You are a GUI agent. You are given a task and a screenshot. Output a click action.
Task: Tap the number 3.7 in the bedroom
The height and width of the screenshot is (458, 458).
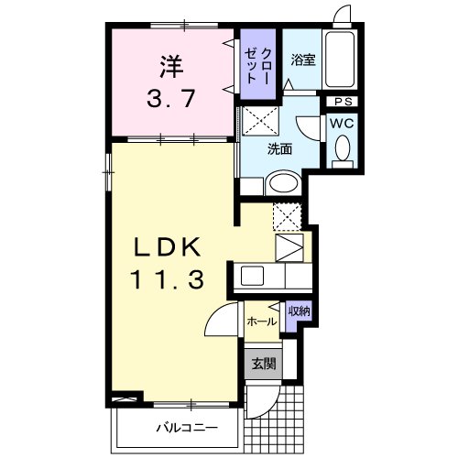click(x=169, y=97)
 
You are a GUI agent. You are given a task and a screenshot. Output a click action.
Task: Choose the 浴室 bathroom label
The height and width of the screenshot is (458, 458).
click(x=302, y=61)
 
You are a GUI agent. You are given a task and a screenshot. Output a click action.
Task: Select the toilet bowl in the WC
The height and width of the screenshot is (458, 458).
click(x=343, y=149)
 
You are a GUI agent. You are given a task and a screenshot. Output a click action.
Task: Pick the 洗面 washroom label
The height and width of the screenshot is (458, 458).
click(x=280, y=149)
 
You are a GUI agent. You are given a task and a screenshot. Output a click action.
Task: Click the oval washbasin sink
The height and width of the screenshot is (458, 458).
click(x=282, y=186)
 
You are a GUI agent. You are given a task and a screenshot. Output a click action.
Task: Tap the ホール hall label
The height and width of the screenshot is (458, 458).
click(x=263, y=322)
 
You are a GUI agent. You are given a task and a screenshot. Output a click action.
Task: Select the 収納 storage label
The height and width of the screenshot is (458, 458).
click(x=299, y=312)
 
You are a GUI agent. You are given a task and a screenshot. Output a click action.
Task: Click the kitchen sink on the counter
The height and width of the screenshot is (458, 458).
click(x=251, y=274)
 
